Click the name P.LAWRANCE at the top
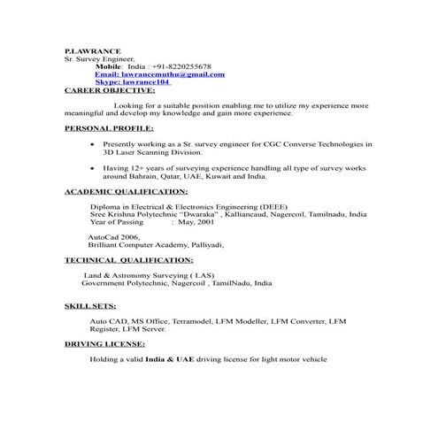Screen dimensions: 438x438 86,52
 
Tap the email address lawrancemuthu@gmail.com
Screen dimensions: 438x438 159,74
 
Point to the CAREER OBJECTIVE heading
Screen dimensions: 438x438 110,90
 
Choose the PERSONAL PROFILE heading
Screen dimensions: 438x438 109,128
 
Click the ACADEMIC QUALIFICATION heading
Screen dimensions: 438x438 126,191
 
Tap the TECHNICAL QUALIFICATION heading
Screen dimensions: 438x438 129,261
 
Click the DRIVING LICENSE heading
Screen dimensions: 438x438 106,343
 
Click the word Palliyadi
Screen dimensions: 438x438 204,245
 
